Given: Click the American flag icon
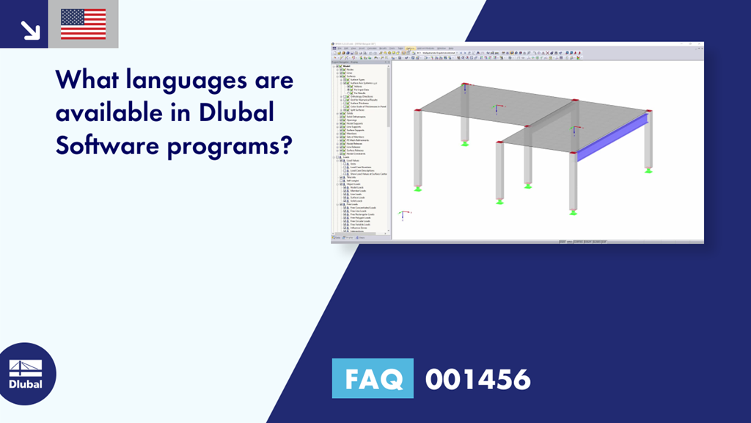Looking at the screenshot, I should point(83,23).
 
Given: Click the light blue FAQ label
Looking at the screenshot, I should point(373,379).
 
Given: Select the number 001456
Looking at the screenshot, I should point(477,379).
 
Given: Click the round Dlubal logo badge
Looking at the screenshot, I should point(27,373).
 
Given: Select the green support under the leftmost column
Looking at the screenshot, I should point(417,189).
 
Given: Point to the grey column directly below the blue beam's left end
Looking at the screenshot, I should point(573,176).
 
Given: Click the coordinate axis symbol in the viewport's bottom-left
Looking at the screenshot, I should point(403,214).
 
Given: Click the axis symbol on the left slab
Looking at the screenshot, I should point(499,109).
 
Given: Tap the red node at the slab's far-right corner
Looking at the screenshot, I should point(648,112).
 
